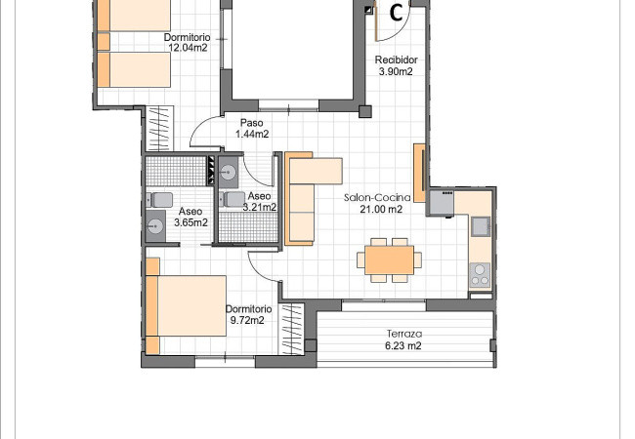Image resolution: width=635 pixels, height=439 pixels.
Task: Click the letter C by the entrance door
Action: click(x=396, y=13)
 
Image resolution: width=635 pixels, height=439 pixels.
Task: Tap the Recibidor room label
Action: click(x=396, y=60)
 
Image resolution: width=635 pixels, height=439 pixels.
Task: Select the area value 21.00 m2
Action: click(x=381, y=209)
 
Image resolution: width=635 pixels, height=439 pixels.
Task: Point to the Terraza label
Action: click(x=404, y=334)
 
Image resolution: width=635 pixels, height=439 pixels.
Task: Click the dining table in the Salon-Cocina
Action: click(x=389, y=259)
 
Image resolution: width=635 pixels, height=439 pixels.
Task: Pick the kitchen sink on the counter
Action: click(x=481, y=226)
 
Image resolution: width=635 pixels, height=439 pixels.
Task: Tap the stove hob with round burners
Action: click(x=480, y=275)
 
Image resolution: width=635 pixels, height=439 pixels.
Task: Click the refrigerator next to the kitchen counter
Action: click(x=442, y=203)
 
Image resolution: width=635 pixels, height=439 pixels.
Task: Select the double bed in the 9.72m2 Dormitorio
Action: click(x=186, y=305)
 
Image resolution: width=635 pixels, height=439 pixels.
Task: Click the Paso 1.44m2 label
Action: click(x=252, y=128)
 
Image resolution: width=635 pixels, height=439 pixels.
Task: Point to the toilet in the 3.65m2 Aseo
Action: click(x=160, y=200)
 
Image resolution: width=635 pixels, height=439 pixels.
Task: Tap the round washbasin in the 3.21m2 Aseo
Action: click(x=229, y=173)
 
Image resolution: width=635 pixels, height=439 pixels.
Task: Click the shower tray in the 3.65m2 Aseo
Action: click(x=176, y=171)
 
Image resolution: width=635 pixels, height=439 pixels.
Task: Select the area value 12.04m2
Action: click(x=188, y=48)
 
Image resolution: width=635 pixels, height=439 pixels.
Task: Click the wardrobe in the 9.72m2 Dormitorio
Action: click(x=291, y=329)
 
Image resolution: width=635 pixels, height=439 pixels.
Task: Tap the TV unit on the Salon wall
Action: click(x=420, y=173)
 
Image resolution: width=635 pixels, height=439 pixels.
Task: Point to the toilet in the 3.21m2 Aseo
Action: click(x=233, y=199)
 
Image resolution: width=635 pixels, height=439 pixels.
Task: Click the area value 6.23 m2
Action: click(x=403, y=345)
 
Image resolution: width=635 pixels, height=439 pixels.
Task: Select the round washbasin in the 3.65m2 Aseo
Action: click(x=155, y=226)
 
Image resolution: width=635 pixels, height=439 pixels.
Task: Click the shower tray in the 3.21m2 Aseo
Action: click(x=248, y=226)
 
